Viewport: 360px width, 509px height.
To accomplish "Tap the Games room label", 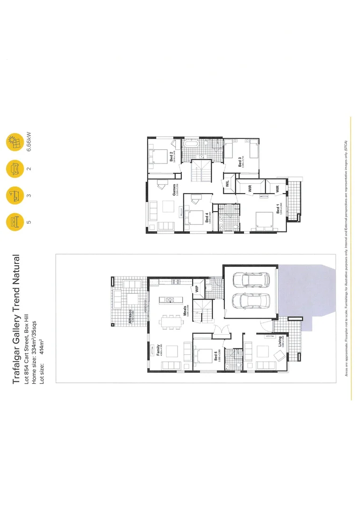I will (174, 189).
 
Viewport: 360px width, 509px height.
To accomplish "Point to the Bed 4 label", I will (207, 217).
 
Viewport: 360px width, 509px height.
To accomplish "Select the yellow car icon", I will (13, 168).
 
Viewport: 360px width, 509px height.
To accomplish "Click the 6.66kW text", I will (29, 141).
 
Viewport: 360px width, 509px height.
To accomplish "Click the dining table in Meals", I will (171, 322).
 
